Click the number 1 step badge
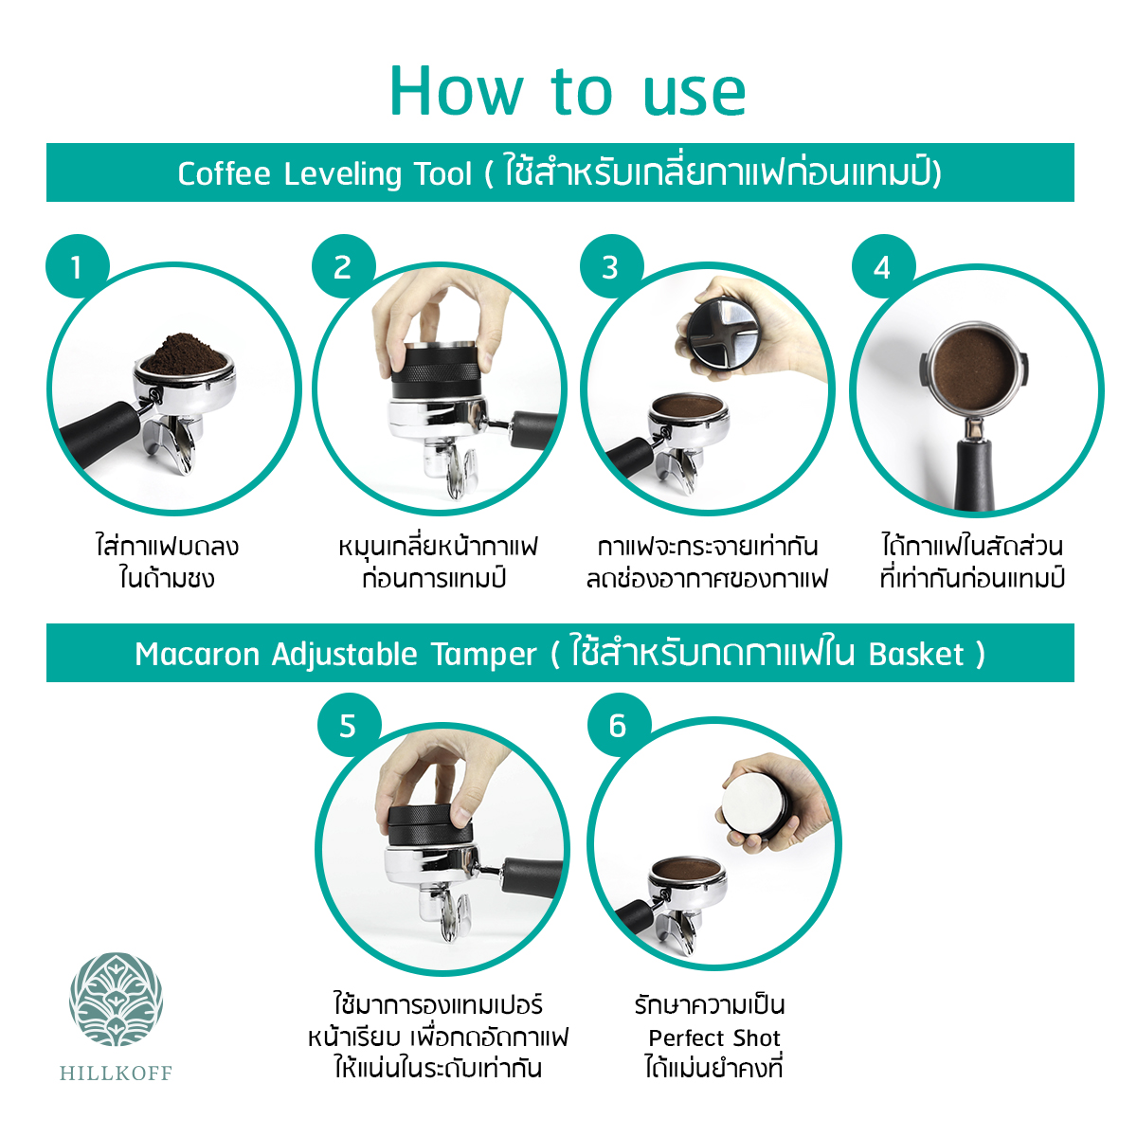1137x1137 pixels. (x=78, y=266)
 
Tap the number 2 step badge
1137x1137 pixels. (x=343, y=266)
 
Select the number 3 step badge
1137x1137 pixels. (x=611, y=266)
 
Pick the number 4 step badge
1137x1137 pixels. (x=883, y=266)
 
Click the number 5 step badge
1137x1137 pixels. (x=349, y=725)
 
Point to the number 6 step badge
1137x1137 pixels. (x=619, y=725)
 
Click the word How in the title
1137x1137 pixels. (x=456, y=92)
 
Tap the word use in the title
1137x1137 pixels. (x=695, y=96)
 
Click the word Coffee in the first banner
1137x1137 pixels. (x=225, y=173)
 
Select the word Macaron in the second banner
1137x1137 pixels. (x=197, y=655)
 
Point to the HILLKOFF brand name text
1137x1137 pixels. (x=116, y=1072)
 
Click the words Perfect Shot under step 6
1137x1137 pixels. (x=714, y=1038)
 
